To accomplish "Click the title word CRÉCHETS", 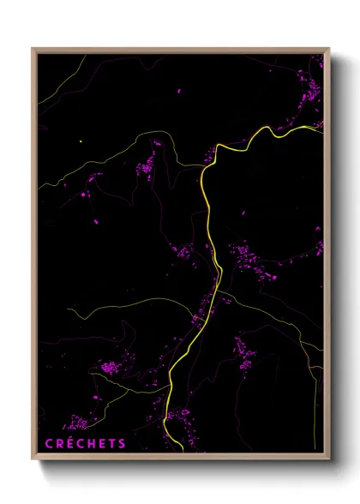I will tap(85, 444).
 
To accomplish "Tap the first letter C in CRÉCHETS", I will tap(48, 444).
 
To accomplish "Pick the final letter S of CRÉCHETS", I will tap(123, 444).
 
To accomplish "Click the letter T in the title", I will tap(113, 444).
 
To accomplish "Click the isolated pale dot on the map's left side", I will tap(80, 141).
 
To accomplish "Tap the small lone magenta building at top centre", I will tap(179, 90).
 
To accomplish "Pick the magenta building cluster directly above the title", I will tap(77, 423).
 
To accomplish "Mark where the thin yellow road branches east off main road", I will tap(225, 296).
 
